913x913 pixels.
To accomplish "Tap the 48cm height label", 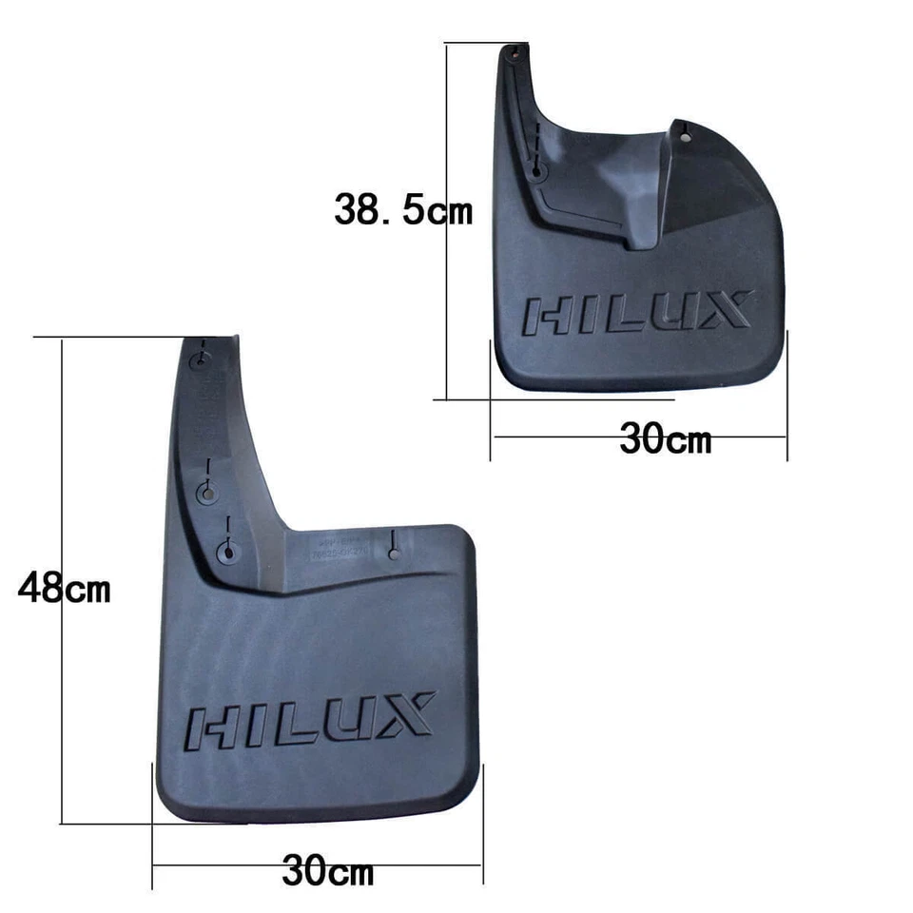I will [64, 589].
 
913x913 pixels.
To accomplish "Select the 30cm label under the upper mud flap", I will [666, 439].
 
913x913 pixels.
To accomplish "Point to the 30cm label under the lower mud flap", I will [328, 868].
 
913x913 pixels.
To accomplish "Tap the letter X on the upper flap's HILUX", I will [728, 311].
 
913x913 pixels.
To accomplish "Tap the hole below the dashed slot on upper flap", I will [537, 173].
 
